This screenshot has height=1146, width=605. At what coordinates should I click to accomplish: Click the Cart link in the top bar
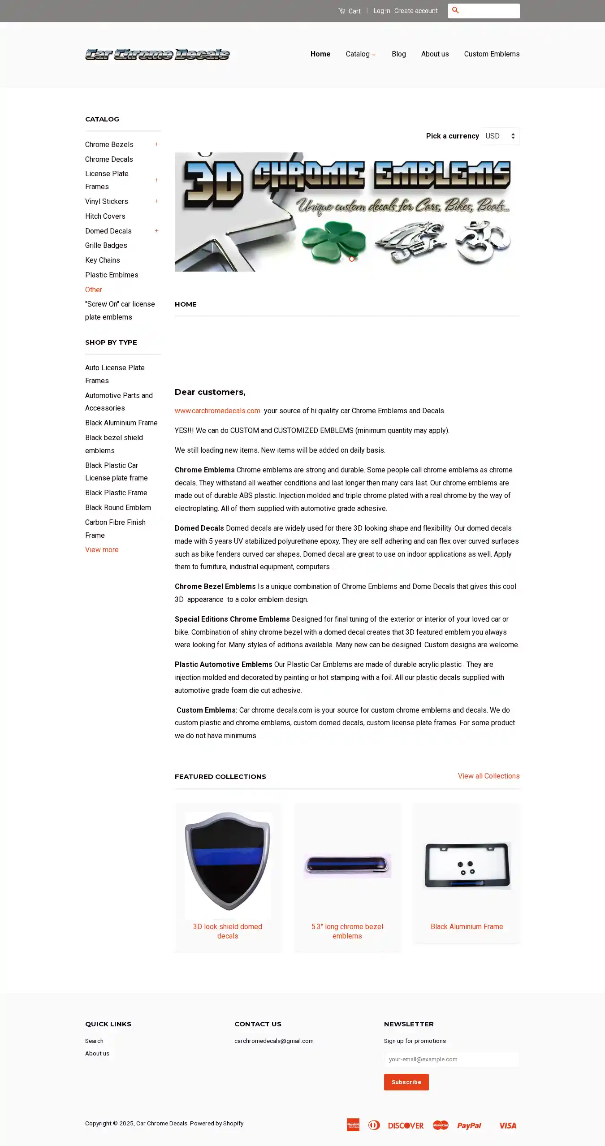(x=350, y=11)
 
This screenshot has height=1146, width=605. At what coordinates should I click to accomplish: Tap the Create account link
(x=416, y=11)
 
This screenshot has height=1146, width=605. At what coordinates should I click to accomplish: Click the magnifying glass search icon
(x=455, y=10)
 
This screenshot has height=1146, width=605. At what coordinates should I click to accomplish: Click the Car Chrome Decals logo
(x=157, y=54)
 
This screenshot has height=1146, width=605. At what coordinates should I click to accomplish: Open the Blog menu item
(x=398, y=54)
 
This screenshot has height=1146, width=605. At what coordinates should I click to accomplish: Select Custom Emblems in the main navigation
(x=492, y=54)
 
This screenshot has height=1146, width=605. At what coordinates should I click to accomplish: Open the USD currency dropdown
(x=500, y=136)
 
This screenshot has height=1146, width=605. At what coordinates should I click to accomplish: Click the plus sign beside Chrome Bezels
(x=156, y=144)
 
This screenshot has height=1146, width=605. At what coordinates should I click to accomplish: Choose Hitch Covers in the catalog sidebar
(x=105, y=216)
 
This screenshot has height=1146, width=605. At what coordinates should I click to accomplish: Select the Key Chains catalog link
(x=103, y=260)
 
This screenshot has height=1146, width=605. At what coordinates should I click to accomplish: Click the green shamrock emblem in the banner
(x=333, y=241)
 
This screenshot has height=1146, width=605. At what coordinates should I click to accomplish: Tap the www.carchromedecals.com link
(x=217, y=411)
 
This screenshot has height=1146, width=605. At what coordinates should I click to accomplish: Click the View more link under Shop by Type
(x=102, y=549)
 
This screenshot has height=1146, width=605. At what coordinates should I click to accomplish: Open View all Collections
(x=488, y=776)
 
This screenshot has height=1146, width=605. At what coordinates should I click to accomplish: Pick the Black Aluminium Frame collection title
(x=467, y=926)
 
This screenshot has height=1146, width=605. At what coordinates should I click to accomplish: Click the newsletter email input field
(x=451, y=1059)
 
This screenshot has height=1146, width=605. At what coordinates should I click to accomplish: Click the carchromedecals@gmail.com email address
(x=274, y=1041)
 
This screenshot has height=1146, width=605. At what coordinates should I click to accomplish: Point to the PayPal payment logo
(x=469, y=1125)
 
